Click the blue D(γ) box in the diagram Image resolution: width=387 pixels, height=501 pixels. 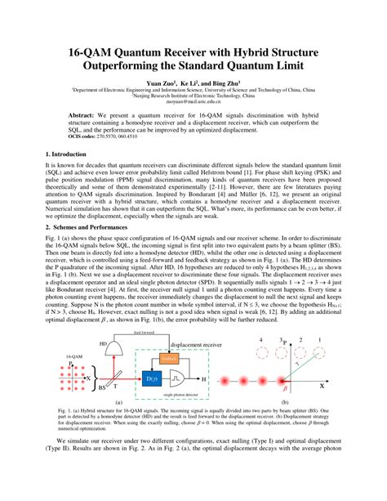(150, 379)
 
